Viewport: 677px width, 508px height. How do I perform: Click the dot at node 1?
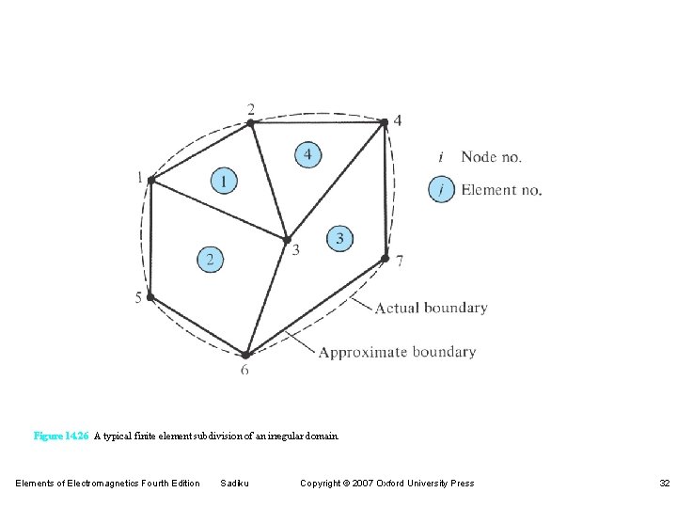[151, 180]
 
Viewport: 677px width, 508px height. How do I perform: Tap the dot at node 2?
[251, 121]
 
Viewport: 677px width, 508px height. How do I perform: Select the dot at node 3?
[287, 240]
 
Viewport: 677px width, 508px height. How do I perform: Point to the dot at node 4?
[384, 121]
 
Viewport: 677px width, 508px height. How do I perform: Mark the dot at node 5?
[150, 297]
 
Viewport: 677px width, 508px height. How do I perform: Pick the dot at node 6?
[244, 355]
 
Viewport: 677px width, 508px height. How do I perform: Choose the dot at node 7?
[385, 258]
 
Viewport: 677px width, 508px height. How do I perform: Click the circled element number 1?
[223, 180]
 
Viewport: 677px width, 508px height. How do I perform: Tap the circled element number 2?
[211, 259]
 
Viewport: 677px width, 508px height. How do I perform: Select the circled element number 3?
[339, 239]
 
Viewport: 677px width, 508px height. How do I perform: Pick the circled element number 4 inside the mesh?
[307, 153]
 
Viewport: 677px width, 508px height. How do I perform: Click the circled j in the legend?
[441, 190]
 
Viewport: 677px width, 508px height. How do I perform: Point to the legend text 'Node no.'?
[491, 157]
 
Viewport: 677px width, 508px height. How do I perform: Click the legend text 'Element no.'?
[501, 190]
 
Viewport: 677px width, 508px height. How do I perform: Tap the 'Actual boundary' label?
[431, 308]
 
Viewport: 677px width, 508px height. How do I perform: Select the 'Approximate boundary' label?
[397, 352]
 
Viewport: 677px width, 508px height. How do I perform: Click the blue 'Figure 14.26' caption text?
[61, 437]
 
